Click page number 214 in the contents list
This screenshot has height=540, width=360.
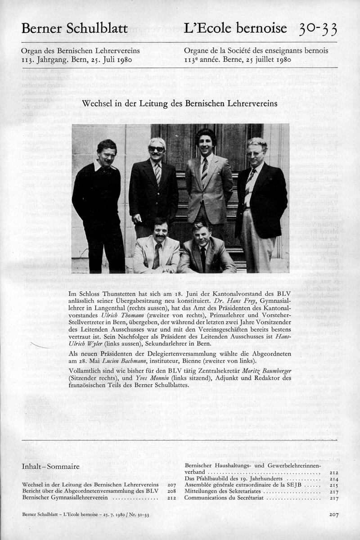coord(333,479)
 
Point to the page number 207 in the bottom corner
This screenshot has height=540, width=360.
coord(333,514)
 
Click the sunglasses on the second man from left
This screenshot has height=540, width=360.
coord(157,149)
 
